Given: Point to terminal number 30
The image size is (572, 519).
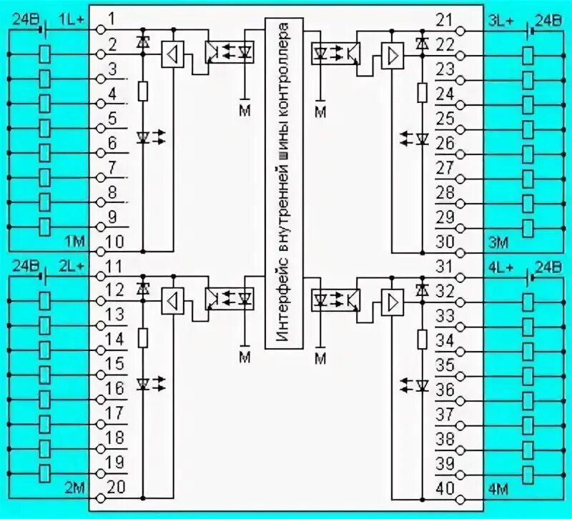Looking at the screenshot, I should pyautogui.click(x=445, y=242).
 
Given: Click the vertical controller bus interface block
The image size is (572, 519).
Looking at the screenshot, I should pyautogui.click(x=285, y=184).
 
